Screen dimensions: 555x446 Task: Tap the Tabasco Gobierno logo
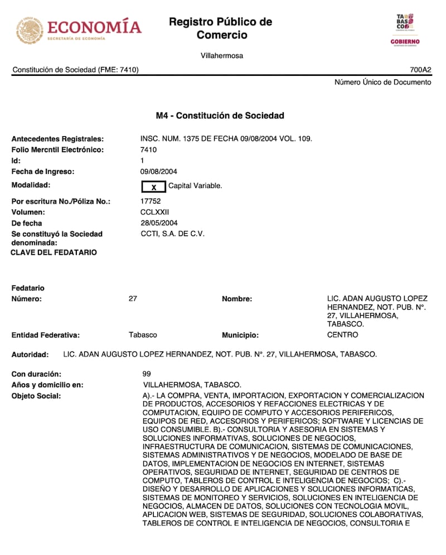tap(405, 30)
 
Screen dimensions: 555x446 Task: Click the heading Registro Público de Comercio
tap(220, 28)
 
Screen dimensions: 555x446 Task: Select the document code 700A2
tap(420, 70)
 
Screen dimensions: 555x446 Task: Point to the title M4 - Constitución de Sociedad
tap(220, 115)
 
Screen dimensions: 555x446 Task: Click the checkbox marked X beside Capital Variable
tap(154, 187)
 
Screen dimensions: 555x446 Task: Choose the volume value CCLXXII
tap(155, 212)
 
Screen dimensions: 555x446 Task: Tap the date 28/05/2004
tap(159, 223)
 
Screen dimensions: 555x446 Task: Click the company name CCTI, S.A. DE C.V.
tap(172, 234)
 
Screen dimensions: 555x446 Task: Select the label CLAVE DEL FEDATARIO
tap(54, 253)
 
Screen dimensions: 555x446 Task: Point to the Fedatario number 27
tap(133, 298)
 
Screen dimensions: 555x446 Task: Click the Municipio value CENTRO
tap(342, 335)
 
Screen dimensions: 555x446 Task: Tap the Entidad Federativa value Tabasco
tap(143, 335)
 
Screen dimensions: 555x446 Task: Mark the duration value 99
tap(147, 374)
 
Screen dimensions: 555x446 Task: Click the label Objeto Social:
tap(36, 396)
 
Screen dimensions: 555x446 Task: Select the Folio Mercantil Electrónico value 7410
tap(149, 149)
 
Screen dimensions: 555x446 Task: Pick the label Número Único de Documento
tap(382, 82)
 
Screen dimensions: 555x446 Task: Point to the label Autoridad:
tap(30, 354)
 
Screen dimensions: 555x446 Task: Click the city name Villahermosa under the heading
tap(222, 56)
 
